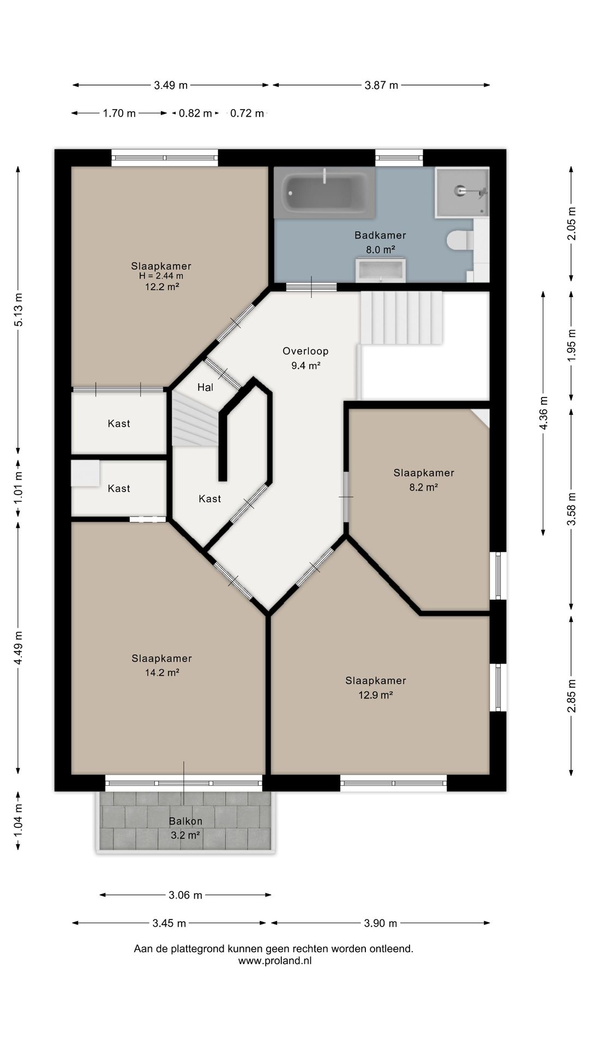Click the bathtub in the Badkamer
(324, 192)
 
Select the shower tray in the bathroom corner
(462, 192)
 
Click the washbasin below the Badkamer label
(381, 270)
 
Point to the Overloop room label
(305, 351)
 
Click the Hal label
(205, 387)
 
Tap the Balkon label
(185, 821)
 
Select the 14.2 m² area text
(162, 672)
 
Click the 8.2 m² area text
(424, 487)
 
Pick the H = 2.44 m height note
(161, 276)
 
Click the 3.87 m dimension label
(381, 85)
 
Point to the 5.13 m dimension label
(19, 310)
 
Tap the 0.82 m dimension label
(195, 113)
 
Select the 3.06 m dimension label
(185, 895)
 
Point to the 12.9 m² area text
(376, 695)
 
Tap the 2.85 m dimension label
(572, 695)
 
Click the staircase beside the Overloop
(401, 317)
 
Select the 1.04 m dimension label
(19, 821)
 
